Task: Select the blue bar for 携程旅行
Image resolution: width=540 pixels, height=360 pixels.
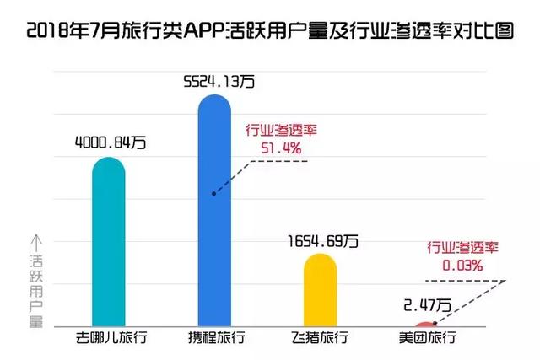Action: pyautogui.click(x=213, y=211)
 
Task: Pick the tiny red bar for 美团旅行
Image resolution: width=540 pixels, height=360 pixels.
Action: pyautogui.click(x=425, y=324)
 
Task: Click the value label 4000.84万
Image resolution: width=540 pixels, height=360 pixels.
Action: pyautogui.click(x=110, y=143)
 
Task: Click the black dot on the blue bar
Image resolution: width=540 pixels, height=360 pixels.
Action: pyautogui.click(x=214, y=193)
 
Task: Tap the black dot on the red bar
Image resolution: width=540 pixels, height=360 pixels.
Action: pyautogui.click(x=435, y=322)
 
